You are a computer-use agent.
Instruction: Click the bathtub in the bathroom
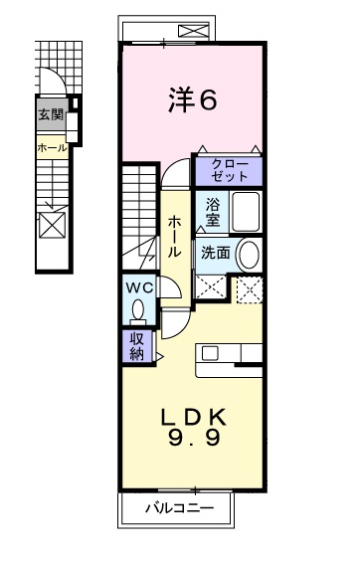click(x=245, y=212)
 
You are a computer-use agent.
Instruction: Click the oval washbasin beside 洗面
click(x=250, y=254)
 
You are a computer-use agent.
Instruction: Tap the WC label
click(x=137, y=288)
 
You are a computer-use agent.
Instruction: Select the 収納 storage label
click(x=136, y=345)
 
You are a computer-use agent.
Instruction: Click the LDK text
click(x=194, y=418)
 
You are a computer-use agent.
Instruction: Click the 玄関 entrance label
click(x=51, y=113)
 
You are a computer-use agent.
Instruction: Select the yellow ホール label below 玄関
click(x=51, y=147)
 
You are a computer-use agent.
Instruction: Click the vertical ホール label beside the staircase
click(x=175, y=237)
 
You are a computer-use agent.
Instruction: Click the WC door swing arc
click(x=170, y=289)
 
